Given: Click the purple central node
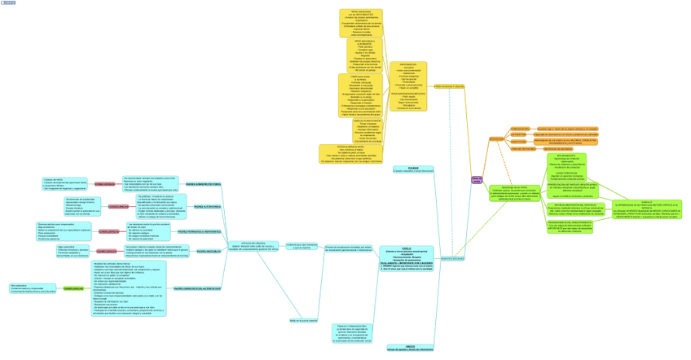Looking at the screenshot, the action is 477,179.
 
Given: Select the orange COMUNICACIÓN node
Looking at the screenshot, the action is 520,129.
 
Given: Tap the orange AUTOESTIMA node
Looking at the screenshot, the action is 519,135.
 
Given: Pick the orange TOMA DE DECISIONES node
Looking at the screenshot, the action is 523,149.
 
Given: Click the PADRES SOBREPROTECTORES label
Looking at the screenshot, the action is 204,184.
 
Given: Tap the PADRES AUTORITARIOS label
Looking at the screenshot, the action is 208,207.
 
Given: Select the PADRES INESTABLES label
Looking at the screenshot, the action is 208,252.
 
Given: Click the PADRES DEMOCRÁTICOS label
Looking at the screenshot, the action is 197,288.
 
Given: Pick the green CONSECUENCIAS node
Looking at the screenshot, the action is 73,288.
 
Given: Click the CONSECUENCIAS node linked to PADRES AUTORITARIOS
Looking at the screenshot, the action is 118,207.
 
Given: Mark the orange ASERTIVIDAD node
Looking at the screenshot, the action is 518,142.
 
